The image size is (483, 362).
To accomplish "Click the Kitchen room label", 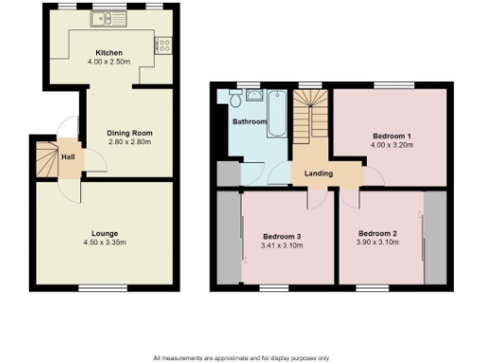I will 109,53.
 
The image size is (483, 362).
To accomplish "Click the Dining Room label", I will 129,133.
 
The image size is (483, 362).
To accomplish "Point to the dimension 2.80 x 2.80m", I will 129,142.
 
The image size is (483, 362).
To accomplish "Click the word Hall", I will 69,156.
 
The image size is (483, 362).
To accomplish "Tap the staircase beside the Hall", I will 45,157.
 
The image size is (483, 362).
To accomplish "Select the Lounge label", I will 104,233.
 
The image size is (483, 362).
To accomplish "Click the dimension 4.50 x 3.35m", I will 104,242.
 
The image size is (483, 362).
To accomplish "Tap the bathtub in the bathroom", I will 277,111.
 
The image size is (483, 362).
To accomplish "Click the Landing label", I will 317,173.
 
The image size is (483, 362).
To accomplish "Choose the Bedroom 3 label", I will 281,235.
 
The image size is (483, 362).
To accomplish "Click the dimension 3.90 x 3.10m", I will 377,242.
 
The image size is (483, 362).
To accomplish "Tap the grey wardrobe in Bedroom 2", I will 434,236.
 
